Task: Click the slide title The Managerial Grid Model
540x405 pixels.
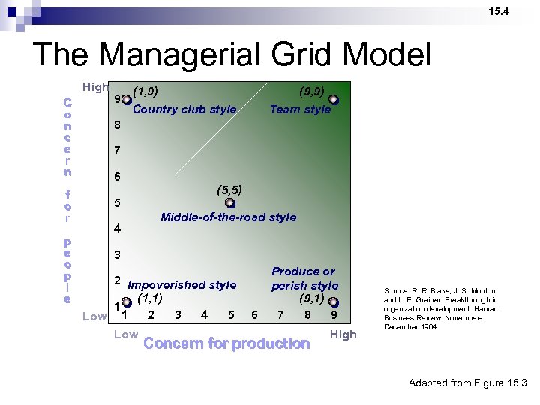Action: [232, 55]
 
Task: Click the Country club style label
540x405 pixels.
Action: [184, 109]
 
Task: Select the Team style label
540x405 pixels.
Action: [300, 109]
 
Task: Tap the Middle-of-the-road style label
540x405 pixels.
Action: [229, 217]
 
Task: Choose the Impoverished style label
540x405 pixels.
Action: [182, 285]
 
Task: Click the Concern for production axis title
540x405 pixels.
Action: [226, 343]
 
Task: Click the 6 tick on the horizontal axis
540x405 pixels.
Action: [254, 315]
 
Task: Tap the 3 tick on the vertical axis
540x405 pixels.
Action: [117, 255]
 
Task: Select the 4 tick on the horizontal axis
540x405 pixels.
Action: [205, 315]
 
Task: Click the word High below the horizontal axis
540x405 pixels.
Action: [343, 334]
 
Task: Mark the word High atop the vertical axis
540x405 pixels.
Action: [95, 87]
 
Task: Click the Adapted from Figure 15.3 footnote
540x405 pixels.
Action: [468, 383]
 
